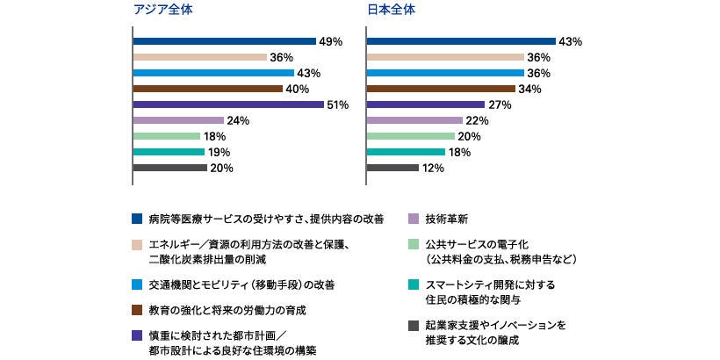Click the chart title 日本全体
(x=391, y=11)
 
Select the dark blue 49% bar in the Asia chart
(x=224, y=41)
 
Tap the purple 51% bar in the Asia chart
(x=228, y=104)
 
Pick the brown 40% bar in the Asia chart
(x=207, y=89)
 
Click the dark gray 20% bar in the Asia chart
(x=170, y=168)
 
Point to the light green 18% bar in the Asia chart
(x=167, y=136)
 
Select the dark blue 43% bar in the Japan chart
(x=461, y=41)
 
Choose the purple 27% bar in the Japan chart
(x=426, y=104)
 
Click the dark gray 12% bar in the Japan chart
(x=392, y=168)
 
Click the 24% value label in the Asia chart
(x=239, y=120)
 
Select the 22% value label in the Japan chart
(x=478, y=120)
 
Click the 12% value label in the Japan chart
(x=433, y=168)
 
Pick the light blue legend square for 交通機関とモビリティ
(x=136, y=284)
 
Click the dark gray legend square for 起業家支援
(x=414, y=325)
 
